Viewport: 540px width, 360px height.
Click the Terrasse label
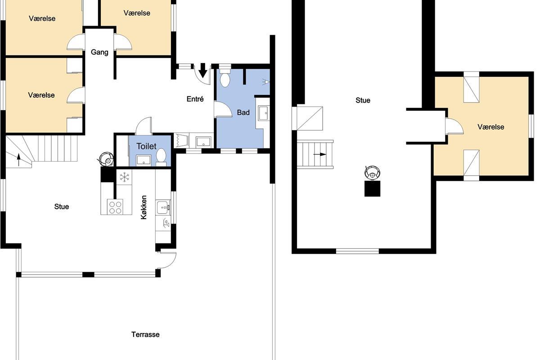[x=145, y=334]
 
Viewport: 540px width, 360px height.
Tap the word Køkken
[x=144, y=207]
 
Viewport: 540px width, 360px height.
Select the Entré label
[x=195, y=99]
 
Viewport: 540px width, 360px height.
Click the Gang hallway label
[x=99, y=52]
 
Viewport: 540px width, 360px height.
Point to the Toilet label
[x=146, y=146]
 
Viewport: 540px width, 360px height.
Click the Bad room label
[x=243, y=112]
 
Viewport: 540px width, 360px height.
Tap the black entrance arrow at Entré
[x=203, y=70]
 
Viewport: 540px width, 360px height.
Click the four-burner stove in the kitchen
[x=115, y=207]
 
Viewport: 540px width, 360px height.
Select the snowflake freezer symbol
[x=124, y=177]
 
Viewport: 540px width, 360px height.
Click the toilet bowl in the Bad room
[x=225, y=78]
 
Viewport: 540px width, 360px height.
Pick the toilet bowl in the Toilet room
[x=161, y=157]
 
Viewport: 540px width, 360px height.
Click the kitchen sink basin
[x=163, y=207]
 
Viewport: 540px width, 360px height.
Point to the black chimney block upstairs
[x=372, y=189]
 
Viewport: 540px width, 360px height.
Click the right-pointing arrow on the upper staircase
[x=319, y=154]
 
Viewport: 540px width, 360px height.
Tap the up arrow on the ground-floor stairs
[x=18, y=160]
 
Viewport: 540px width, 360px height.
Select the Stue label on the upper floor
[x=363, y=100]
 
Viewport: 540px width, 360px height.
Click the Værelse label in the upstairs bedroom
[x=491, y=127]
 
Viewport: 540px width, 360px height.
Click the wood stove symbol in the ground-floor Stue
[x=106, y=159]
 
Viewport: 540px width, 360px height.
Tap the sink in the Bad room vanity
[x=264, y=113]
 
